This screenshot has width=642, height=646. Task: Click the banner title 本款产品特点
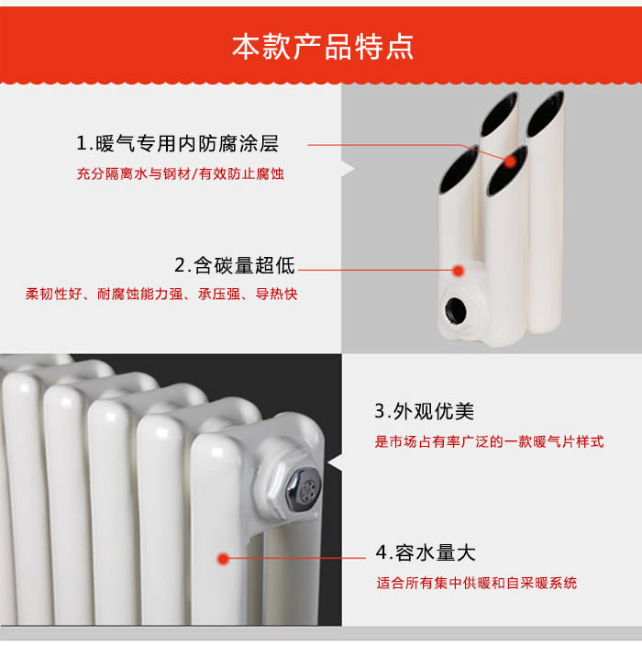click(x=323, y=48)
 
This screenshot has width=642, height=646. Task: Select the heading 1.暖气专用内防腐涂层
click(x=178, y=144)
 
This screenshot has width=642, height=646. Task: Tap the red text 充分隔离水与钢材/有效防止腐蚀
click(x=181, y=173)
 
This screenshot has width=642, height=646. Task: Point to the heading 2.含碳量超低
click(x=235, y=265)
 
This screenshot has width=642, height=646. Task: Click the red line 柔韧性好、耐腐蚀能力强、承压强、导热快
click(x=161, y=295)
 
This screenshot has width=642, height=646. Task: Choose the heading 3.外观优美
click(x=424, y=411)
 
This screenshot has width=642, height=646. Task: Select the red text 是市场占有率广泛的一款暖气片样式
click(x=489, y=441)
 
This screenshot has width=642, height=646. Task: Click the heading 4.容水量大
click(x=426, y=553)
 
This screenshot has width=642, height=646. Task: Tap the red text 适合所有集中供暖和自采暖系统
click(x=476, y=583)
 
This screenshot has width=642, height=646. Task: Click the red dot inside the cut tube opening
click(x=510, y=161)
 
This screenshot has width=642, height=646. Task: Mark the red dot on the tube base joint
click(x=459, y=271)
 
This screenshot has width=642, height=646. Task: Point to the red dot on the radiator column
click(x=223, y=559)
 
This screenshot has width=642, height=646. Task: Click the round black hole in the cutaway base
click(x=456, y=310)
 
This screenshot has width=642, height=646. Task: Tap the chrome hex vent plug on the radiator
click(x=304, y=487)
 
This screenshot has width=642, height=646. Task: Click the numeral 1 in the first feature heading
click(x=82, y=144)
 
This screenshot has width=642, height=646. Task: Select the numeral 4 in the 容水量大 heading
click(x=382, y=553)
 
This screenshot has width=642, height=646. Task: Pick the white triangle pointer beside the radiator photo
click(x=335, y=462)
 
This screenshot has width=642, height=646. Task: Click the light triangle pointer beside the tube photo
click(x=349, y=169)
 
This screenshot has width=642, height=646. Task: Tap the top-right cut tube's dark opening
click(x=545, y=114)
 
